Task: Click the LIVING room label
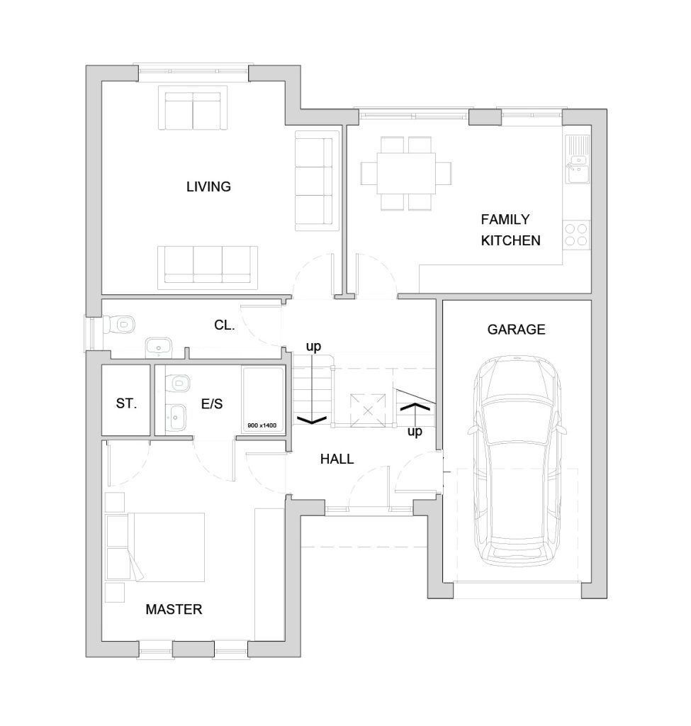[208, 186]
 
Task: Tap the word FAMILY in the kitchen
[505, 220]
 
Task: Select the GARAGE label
[516, 330]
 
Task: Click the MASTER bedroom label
[174, 609]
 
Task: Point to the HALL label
[337, 459]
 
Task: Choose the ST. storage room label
[126, 403]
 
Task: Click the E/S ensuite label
[212, 403]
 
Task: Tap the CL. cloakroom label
[225, 325]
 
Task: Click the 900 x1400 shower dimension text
[262, 425]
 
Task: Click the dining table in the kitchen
[406, 173]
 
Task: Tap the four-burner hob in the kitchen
[577, 235]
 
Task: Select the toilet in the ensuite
[177, 383]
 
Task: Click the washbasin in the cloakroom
[159, 347]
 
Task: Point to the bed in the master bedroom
[155, 547]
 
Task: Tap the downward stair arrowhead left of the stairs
[312, 420]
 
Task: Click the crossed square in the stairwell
[368, 410]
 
